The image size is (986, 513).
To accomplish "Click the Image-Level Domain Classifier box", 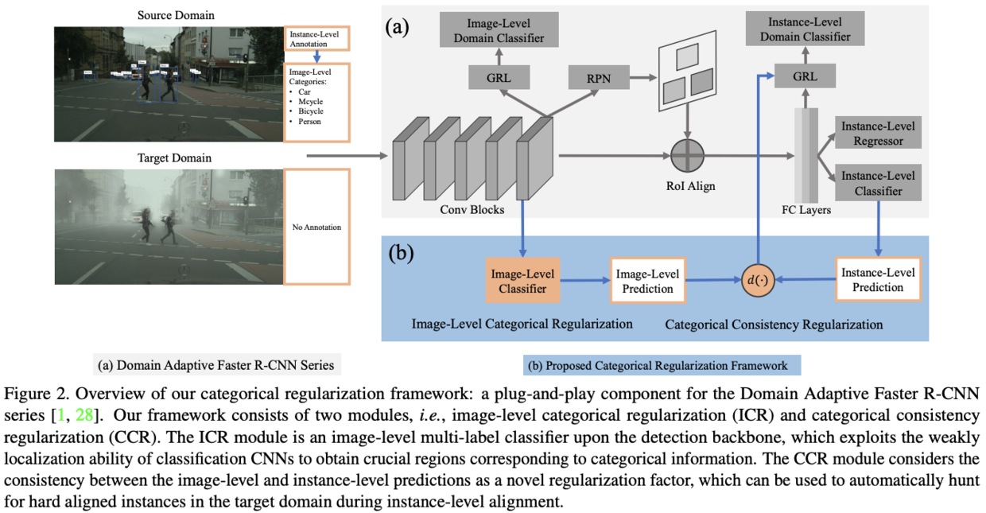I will click(499, 30).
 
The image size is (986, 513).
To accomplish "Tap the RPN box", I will click(599, 78).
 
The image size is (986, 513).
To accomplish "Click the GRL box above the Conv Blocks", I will click(499, 78).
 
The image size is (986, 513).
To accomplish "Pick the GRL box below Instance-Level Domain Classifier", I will click(805, 77).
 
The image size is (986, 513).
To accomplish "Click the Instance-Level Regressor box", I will click(878, 134).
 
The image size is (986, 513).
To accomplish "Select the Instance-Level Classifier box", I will click(878, 182).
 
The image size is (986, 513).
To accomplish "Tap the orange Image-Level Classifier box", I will click(522, 281).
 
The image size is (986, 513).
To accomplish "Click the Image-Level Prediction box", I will click(647, 281).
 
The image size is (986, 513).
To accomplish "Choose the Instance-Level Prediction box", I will click(877, 279).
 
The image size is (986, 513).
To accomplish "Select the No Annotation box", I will click(316, 227).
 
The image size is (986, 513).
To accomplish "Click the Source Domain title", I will click(176, 15).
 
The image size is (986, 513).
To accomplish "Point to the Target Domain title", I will click(175, 157).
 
